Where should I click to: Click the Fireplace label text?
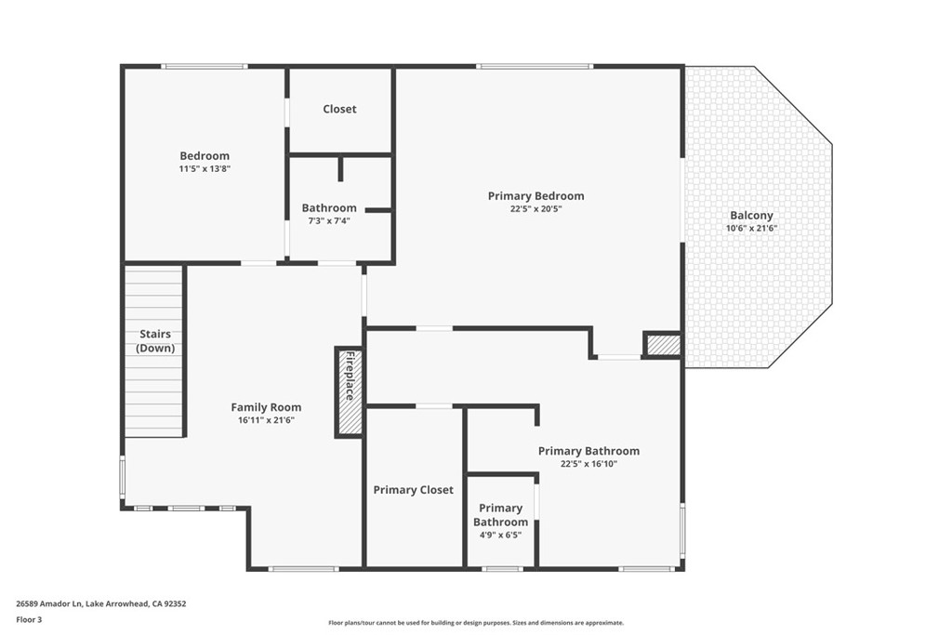point(350,377)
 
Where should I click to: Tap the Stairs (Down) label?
point(155,341)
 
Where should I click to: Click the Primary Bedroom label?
point(535,195)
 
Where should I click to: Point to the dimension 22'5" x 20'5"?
point(535,209)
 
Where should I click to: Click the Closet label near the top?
point(339,109)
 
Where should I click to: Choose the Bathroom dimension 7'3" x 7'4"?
point(329,221)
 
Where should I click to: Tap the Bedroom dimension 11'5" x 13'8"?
point(205,169)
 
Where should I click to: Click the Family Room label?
point(266,407)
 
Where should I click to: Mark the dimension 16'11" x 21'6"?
point(266,420)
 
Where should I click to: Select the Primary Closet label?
point(413,490)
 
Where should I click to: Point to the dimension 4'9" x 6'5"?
point(500,536)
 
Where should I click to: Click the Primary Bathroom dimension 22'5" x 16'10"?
point(588,464)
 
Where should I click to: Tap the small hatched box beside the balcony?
point(663,345)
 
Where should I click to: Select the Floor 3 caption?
point(29,619)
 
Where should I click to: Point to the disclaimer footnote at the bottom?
point(475,623)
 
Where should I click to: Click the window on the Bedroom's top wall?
point(205,66)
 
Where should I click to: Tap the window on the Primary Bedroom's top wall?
point(535,66)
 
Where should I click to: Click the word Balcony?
point(752,215)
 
